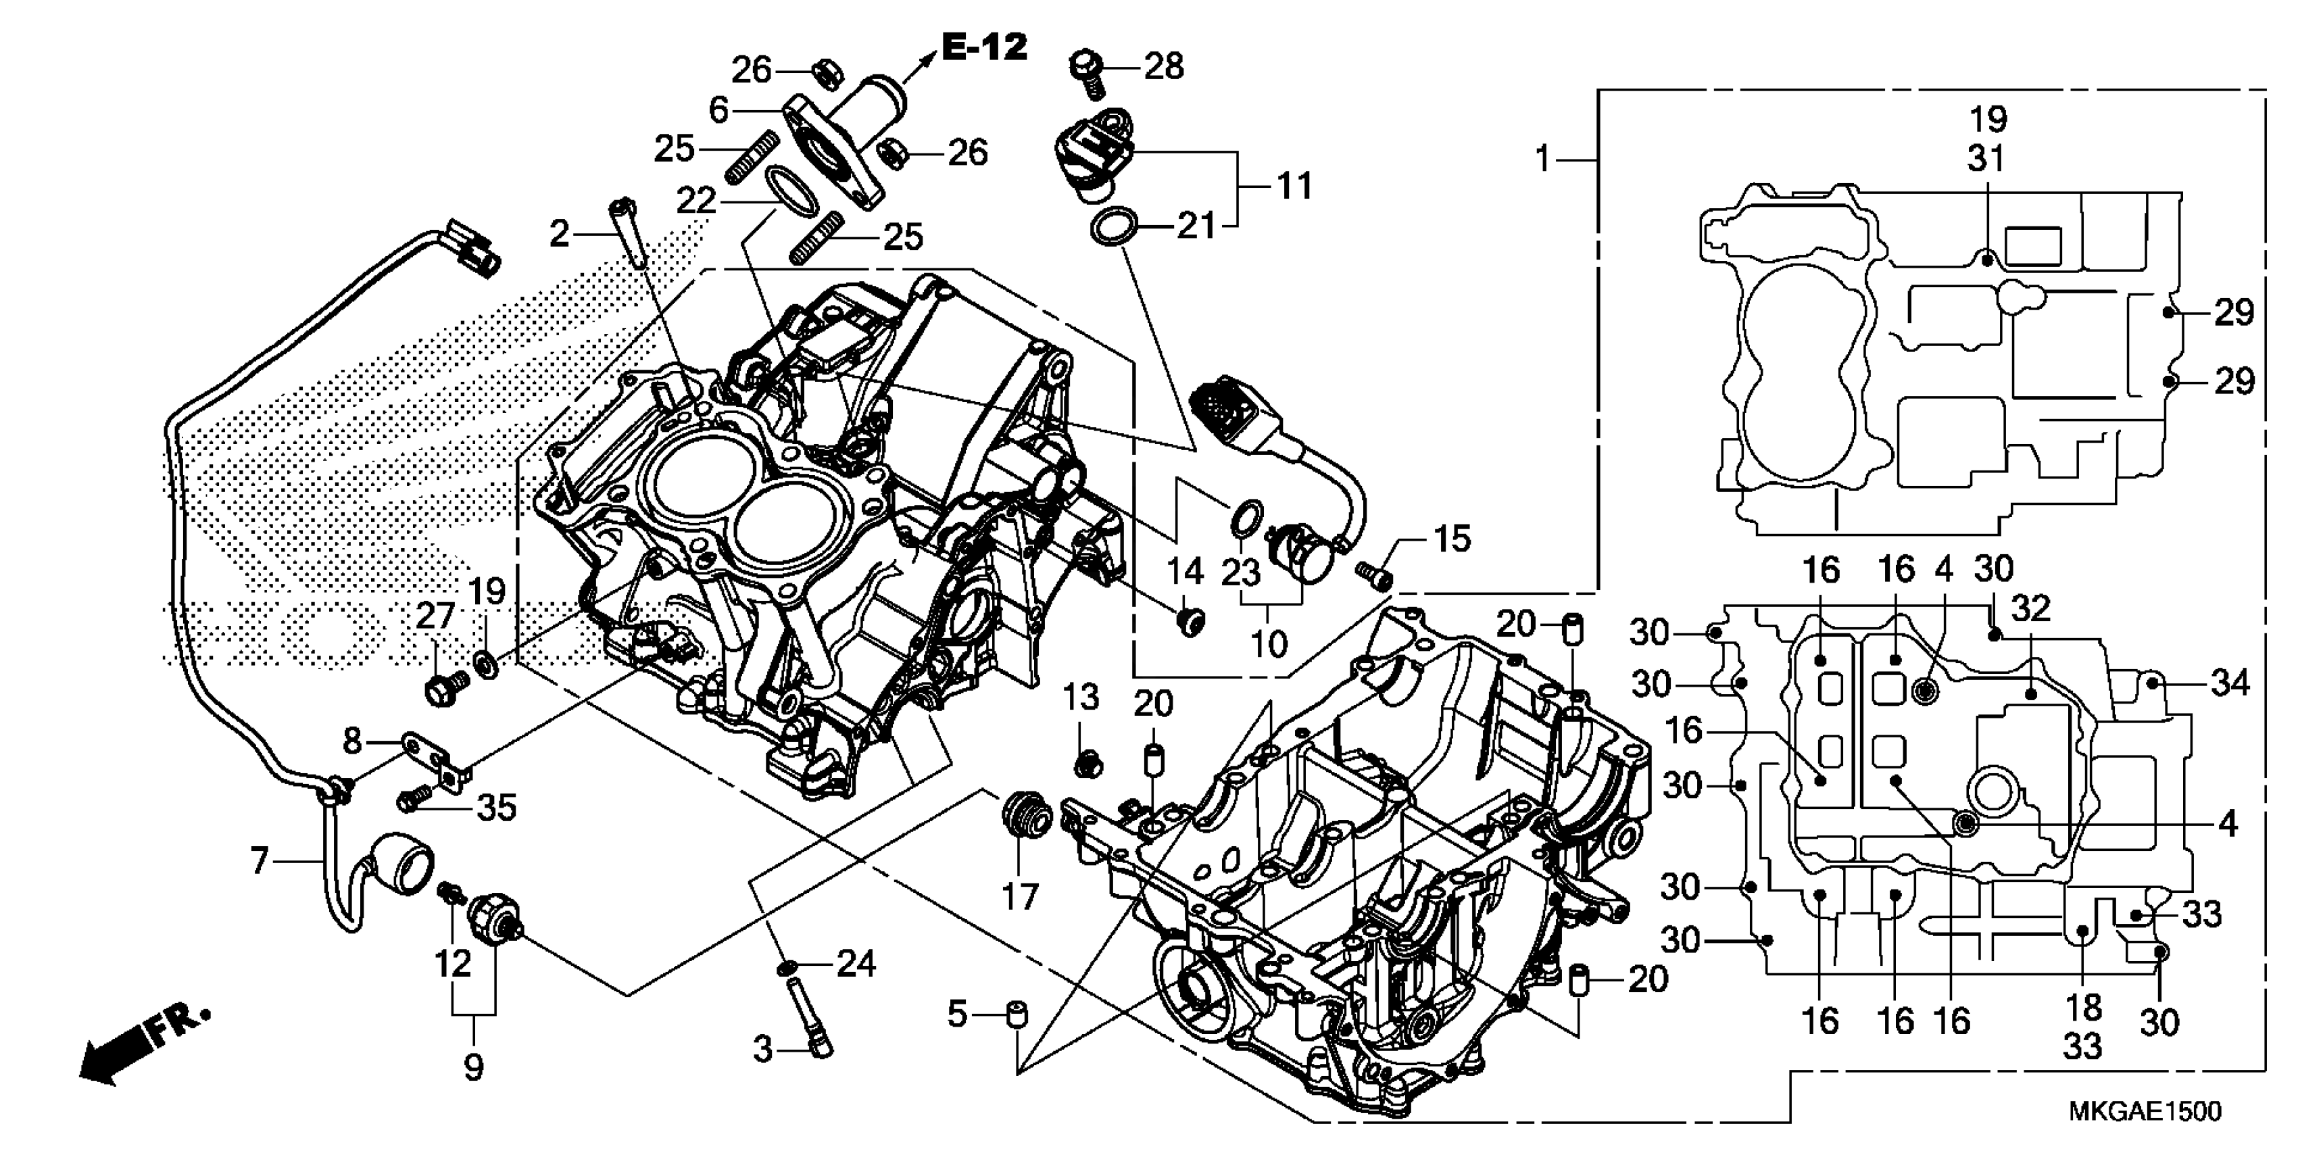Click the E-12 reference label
(x=983, y=47)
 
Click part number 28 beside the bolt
(x=1163, y=66)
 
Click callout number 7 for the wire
(x=259, y=862)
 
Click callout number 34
(x=2230, y=683)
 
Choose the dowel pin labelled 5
(x=1016, y=1015)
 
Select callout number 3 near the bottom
(x=762, y=1050)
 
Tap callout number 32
(x=2031, y=609)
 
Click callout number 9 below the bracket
(x=474, y=1066)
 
